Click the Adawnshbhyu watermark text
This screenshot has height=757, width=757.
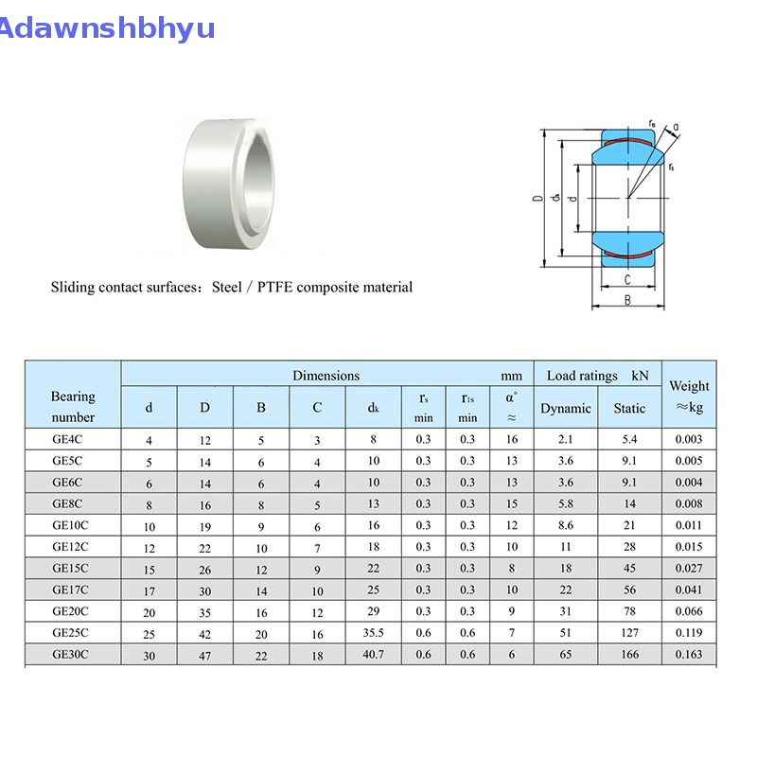[x=106, y=28]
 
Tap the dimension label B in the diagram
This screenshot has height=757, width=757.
[x=627, y=301]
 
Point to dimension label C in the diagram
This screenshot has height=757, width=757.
[x=627, y=279]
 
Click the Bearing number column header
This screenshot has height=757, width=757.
[x=73, y=407]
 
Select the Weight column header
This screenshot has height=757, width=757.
[x=689, y=396]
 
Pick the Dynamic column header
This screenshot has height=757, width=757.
[x=566, y=409]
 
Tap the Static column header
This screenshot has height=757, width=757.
[x=629, y=409]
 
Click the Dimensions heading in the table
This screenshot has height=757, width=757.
[x=326, y=376]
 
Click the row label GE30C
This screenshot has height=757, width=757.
[x=70, y=654]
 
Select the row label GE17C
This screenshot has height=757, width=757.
[x=70, y=590]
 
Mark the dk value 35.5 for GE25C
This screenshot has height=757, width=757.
[x=373, y=633]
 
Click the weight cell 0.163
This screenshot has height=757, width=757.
[x=689, y=654]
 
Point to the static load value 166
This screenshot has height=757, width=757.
[x=629, y=654]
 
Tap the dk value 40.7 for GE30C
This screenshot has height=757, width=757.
[x=373, y=654]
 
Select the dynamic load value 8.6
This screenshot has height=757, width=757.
[x=566, y=525]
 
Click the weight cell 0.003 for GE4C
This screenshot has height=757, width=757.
[x=689, y=439]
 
